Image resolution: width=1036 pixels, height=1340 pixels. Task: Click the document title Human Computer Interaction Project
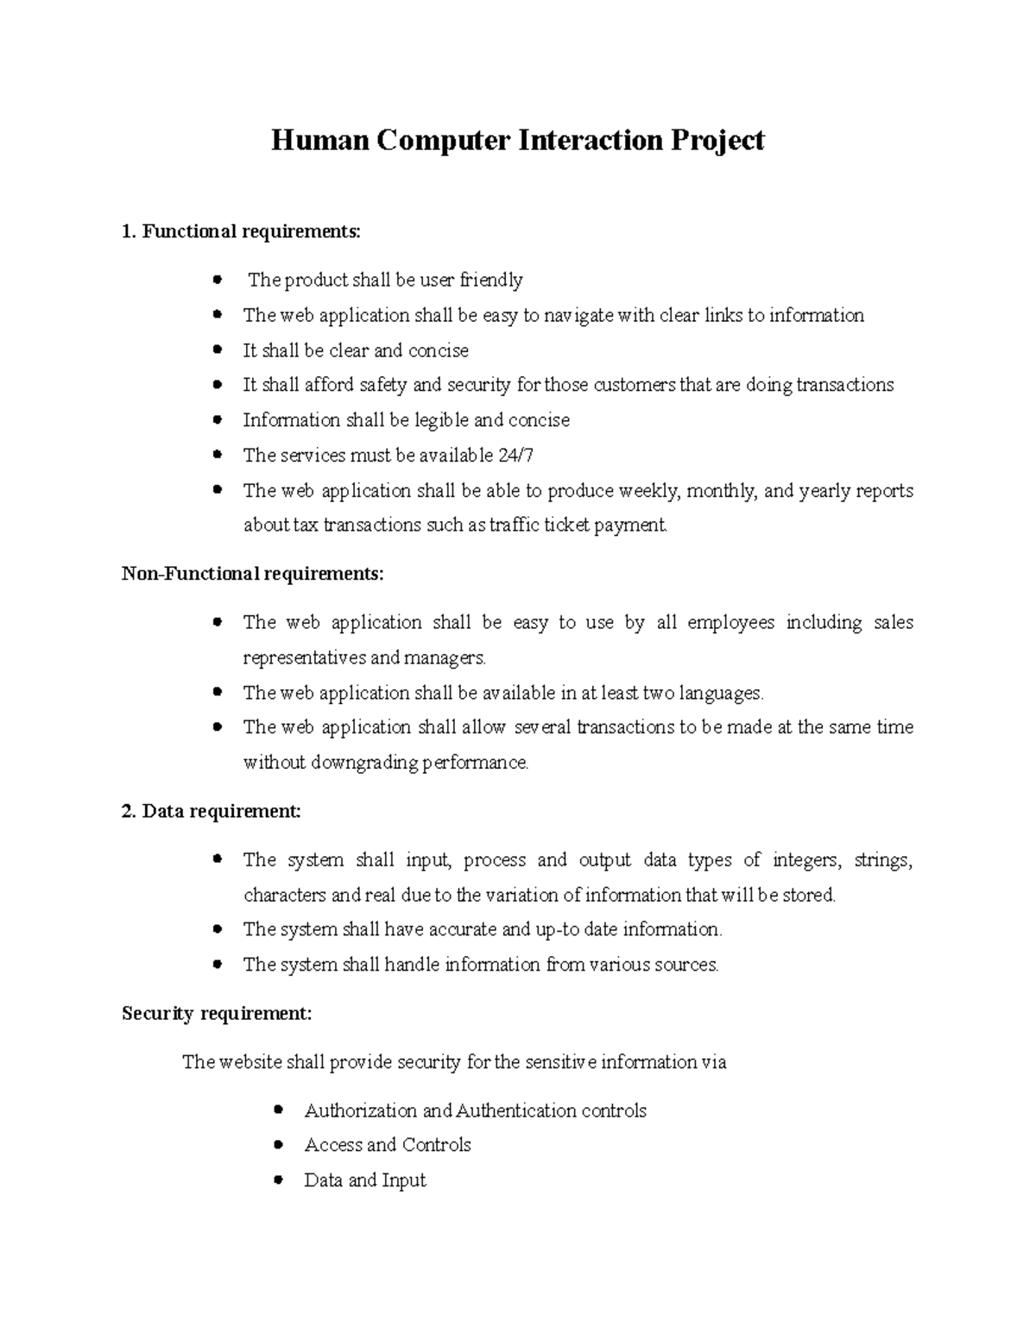(517, 140)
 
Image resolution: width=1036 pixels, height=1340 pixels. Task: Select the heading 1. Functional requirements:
(242, 231)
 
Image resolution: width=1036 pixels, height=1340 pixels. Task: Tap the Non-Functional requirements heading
(252, 574)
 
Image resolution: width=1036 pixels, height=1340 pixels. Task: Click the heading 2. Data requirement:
(212, 811)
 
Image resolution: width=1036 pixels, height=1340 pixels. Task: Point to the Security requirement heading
(217, 1014)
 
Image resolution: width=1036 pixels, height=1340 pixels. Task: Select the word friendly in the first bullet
(491, 280)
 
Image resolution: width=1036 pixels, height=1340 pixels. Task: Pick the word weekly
(649, 491)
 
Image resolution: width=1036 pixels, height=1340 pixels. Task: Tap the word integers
(806, 860)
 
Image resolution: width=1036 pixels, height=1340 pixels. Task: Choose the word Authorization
(360, 1110)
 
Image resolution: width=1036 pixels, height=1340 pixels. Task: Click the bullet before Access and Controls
(278, 1144)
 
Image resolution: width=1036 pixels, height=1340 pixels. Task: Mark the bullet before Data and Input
(278, 1180)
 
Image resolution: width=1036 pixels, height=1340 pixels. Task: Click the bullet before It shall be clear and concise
(218, 349)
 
